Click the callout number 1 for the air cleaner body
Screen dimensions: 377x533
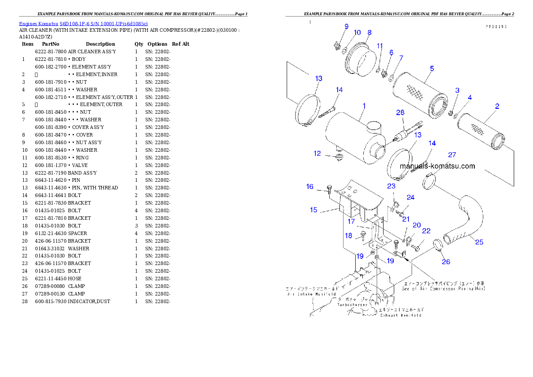tap(364, 106)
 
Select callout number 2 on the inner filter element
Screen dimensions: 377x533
tap(497, 107)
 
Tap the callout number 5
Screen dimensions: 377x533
tap(432, 69)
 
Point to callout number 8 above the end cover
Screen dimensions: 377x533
tap(370, 32)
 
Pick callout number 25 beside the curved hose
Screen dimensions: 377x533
tap(479, 242)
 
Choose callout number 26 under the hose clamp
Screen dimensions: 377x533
tap(446, 262)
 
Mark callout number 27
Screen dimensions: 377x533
tap(452, 155)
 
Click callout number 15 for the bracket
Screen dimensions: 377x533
tap(313, 210)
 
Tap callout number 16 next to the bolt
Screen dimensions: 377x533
tap(310, 187)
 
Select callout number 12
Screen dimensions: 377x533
tap(317, 154)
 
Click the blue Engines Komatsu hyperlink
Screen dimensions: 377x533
tap(83, 23)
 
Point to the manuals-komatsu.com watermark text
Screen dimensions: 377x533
tap(437, 166)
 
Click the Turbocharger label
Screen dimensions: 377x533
tap(352, 304)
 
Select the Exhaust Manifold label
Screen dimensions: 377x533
tap(401, 315)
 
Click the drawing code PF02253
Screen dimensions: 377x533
tap(496, 26)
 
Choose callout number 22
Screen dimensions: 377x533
tap(426, 231)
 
